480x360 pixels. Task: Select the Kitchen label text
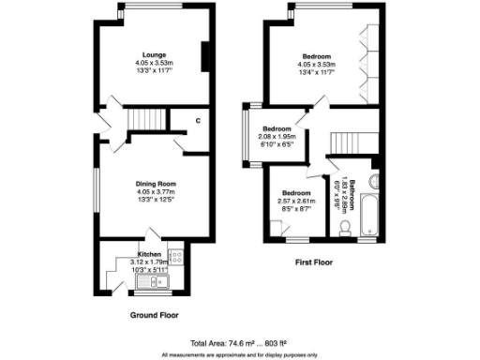coord(150,254)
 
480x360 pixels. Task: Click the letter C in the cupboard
coord(198,120)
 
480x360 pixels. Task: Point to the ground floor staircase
coord(144,119)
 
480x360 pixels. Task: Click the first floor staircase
coord(346,142)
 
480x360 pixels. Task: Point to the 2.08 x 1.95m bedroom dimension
coord(277,138)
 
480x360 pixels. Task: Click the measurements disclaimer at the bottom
coord(240,354)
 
